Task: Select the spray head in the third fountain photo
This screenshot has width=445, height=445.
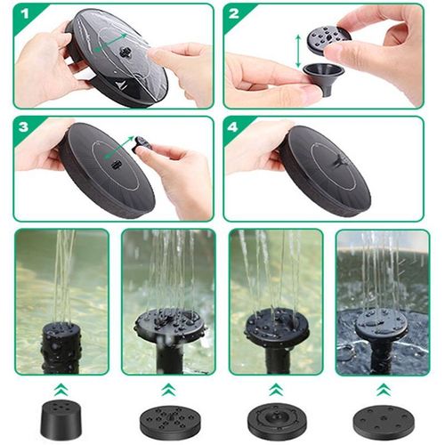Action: (x=275, y=328)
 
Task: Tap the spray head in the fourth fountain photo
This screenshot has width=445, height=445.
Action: (x=382, y=328)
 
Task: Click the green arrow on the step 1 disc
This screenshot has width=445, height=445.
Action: (x=113, y=42)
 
